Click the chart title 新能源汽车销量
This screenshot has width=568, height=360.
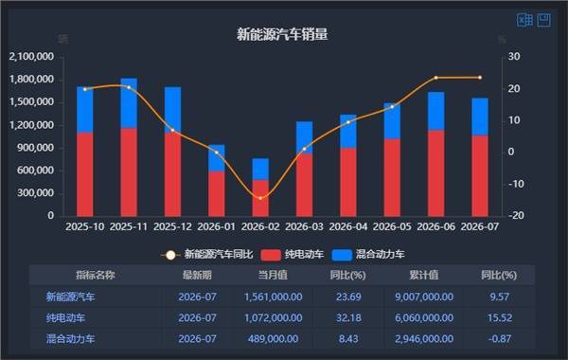coord(282,34)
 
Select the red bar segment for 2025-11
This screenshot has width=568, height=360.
coord(129,172)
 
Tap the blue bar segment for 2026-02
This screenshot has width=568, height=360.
coord(260,170)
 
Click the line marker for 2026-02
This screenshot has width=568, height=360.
coord(260,198)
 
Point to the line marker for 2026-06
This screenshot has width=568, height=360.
coord(435,78)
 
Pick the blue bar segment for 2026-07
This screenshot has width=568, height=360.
coord(480,117)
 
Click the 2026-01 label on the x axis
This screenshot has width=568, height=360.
coord(216,226)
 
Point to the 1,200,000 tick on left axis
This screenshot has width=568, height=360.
coord(32,125)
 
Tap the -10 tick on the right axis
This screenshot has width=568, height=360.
coord(516,184)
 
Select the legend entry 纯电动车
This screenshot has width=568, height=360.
coord(293,255)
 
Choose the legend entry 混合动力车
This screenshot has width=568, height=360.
coord(368,255)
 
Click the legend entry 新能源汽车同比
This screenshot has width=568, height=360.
coord(206,255)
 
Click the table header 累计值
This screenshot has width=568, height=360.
coord(424,275)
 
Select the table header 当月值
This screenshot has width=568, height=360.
coord(273,275)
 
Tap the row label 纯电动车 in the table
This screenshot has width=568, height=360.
coord(65,318)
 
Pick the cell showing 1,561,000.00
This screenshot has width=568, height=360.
coord(274,297)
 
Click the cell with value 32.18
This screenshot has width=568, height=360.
coord(348,318)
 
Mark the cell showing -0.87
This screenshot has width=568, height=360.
coord(500,339)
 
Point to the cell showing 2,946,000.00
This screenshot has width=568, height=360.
coord(424,339)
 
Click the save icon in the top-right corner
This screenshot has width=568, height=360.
coord(543,20)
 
